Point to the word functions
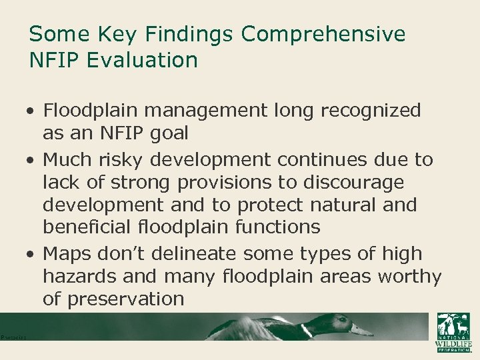275,227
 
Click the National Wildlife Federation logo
453,331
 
